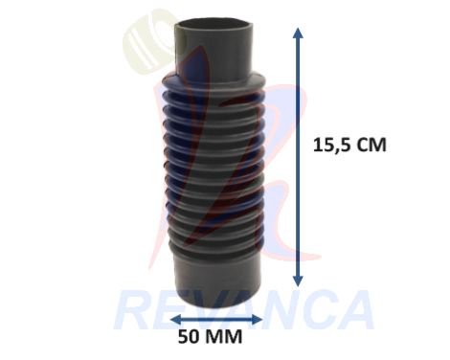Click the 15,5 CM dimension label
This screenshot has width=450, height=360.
[x=349, y=146]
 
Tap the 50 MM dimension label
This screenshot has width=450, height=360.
[x=210, y=337]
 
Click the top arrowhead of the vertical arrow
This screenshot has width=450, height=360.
[x=298, y=33]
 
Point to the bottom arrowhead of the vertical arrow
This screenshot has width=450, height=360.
[x=298, y=281]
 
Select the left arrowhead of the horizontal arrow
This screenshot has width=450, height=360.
[x=176, y=319]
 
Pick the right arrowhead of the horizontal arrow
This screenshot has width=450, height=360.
[x=258, y=319]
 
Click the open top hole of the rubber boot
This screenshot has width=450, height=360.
[x=215, y=25]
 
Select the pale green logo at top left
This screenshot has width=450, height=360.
[x=150, y=41]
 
